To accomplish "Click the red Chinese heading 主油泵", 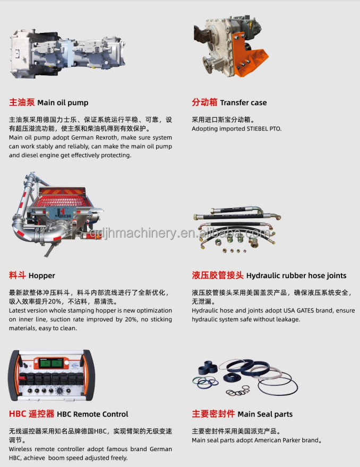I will pyautogui.click(x=22, y=102).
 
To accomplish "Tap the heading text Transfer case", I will pyautogui.click(x=243, y=102).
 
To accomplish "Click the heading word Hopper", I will pyautogui.click(x=42, y=275).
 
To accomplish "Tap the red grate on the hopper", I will pyautogui.click(x=68, y=200).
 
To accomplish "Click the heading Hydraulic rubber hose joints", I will pyautogui.click(x=296, y=275).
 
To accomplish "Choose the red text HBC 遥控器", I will pyautogui.click(x=31, y=414).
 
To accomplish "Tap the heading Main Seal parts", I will pyautogui.click(x=265, y=414).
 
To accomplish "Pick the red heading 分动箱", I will pyautogui.click(x=204, y=102).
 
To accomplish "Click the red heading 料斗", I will pyautogui.click(x=17, y=275).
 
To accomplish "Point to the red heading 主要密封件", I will pyautogui.click(x=213, y=414).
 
